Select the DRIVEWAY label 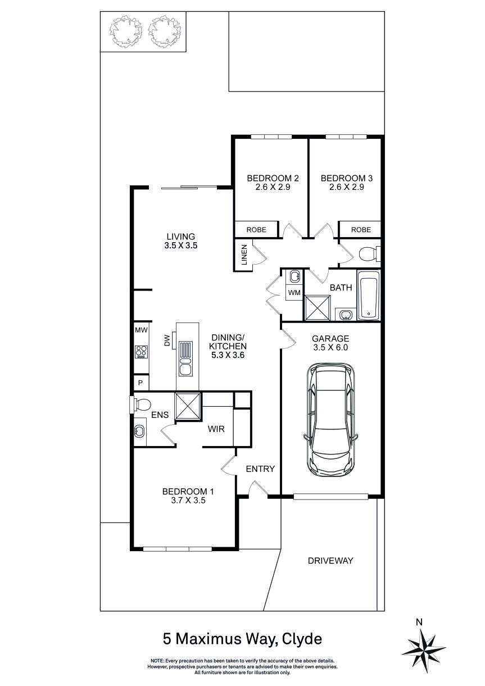pos(330,560)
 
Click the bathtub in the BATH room pos(369,296)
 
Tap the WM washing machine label pos(293,293)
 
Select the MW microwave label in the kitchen pos(140,330)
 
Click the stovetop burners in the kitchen pos(140,352)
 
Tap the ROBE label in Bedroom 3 pos(361,229)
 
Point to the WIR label pos(216,429)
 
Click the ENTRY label pos(260,469)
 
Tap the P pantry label pos(140,383)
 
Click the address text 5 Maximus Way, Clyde pos(242,639)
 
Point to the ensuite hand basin pos(139,431)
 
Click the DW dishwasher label pos(167,340)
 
